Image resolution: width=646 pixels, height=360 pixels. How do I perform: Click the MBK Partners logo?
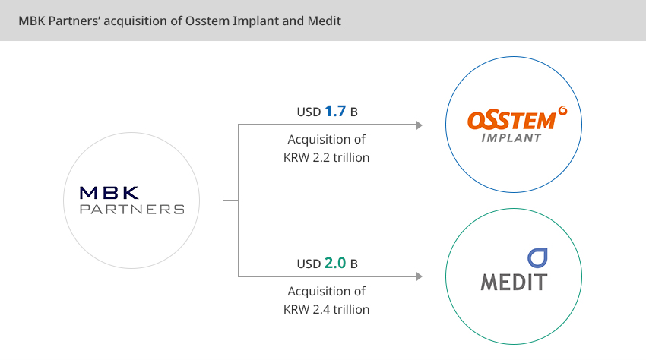pyautogui.click(x=131, y=201)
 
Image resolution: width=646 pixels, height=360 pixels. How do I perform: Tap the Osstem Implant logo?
pyautogui.click(x=517, y=125)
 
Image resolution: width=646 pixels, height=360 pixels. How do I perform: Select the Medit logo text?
pyautogui.click(x=515, y=282)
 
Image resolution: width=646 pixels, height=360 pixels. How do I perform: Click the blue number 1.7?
pyautogui.click(x=335, y=111)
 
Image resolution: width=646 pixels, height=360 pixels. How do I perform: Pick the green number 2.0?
pyautogui.click(x=335, y=263)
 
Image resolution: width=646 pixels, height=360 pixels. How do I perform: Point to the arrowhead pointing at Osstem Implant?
pyautogui.click(x=420, y=125)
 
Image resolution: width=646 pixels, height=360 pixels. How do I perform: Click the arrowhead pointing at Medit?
pyautogui.click(x=420, y=276)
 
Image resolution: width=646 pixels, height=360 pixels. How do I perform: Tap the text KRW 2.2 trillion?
pyautogui.click(x=326, y=157)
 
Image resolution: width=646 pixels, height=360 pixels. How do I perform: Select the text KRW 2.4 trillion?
pyautogui.click(x=326, y=309)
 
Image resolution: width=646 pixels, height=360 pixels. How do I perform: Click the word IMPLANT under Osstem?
pyautogui.click(x=511, y=138)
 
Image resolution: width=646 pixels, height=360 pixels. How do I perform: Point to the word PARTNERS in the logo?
pyautogui.click(x=131, y=210)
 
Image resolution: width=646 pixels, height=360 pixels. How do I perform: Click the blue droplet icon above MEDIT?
pyautogui.click(x=537, y=258)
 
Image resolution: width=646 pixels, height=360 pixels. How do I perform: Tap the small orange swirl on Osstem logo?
pyautogui.click(x=562, y=111)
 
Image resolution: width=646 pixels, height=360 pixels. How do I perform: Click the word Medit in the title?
pyautogui.click(x=325, y=21)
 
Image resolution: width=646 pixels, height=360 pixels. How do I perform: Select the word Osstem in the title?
pyautogui.click(x=207, y=21)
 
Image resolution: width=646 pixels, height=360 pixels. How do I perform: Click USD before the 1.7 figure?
pyautogui.click(x=309, y=112)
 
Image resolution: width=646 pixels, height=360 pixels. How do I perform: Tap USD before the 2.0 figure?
pyautogui.click(x=309, y=264)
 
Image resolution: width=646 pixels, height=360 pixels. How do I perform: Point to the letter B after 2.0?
pyautogui.click(x=354, y=264)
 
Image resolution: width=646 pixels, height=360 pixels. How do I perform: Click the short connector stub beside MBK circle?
pyautogui.click(x=231, y=201)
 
